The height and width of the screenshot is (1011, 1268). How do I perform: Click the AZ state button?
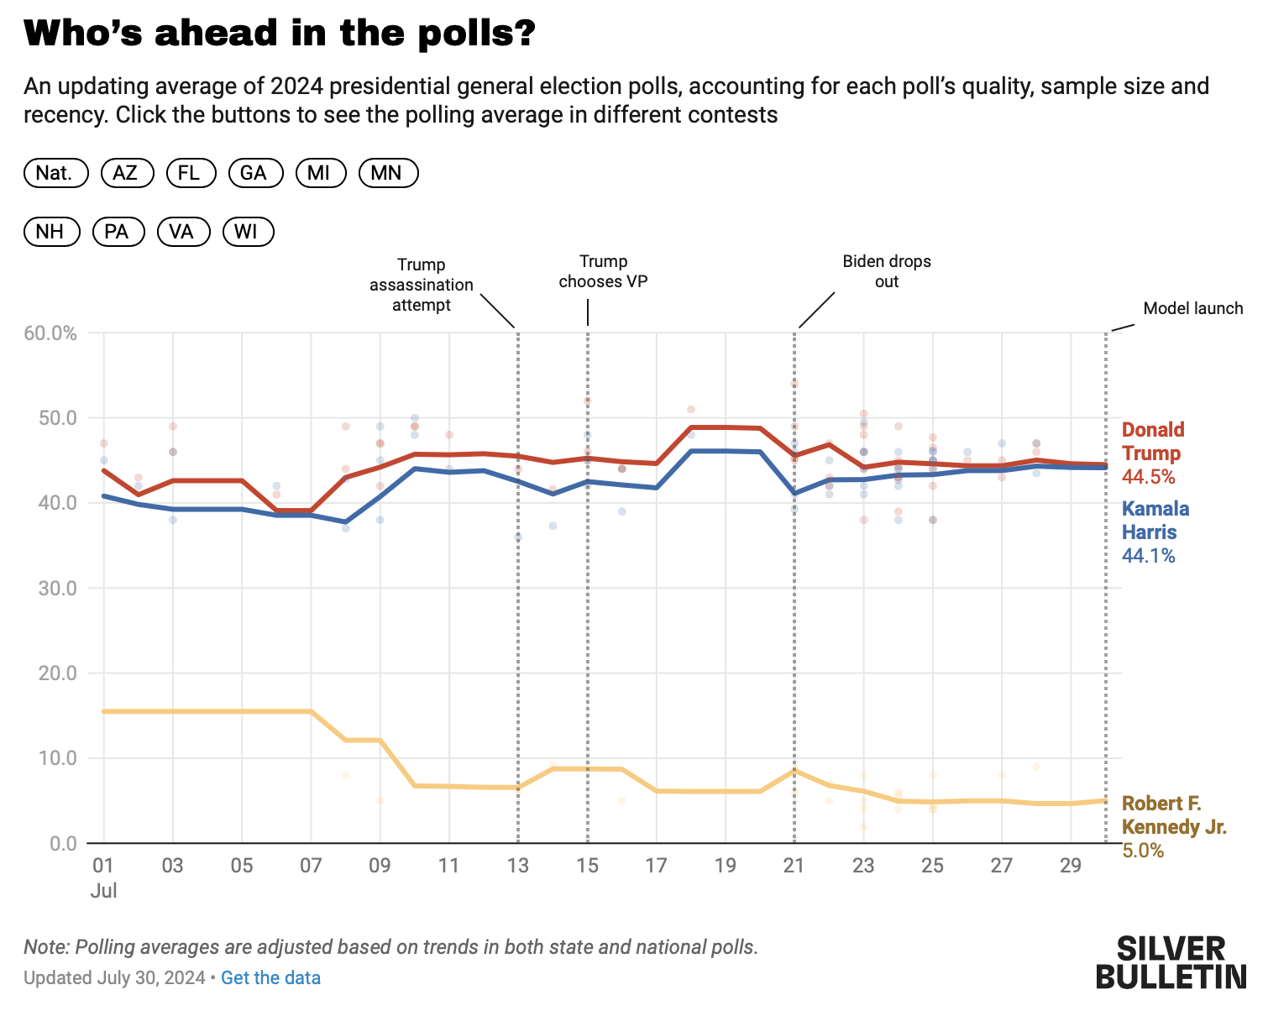127,173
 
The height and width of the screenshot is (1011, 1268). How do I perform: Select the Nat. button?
55,173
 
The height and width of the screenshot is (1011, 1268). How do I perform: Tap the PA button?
118,232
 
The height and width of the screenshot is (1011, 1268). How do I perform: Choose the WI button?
248,232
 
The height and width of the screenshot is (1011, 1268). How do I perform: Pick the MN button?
387,173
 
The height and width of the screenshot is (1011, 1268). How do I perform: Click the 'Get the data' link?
270,977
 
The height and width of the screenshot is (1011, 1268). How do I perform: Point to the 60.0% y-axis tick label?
50,333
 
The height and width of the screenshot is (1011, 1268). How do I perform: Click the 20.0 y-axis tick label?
57,673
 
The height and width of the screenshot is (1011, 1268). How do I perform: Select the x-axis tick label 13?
517,866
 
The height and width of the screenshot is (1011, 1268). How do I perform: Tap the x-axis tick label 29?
1070,866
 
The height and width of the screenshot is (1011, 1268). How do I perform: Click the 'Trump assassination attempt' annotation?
422,285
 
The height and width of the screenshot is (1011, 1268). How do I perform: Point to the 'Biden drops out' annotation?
887,271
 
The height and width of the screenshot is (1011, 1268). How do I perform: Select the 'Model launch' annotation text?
1192,308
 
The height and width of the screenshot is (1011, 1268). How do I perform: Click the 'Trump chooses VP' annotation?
603,271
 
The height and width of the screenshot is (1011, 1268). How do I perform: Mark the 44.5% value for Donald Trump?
1148,477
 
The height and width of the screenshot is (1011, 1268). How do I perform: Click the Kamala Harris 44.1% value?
1148,556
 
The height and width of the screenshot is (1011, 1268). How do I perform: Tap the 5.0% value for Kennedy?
1143,851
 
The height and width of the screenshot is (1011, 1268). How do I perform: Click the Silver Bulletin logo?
1171,962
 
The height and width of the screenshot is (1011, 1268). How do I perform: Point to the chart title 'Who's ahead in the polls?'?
280,34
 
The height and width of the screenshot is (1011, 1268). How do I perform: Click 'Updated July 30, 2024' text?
114,977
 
